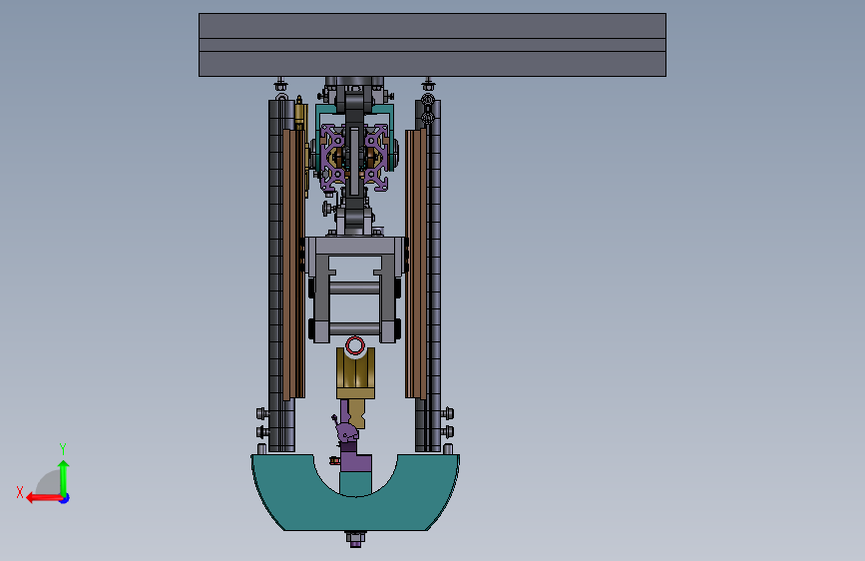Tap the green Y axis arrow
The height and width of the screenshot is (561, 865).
click(64, 477)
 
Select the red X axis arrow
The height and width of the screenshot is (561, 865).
click(44, 498)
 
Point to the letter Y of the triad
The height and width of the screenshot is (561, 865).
click(63, 448)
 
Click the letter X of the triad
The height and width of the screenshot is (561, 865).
click(20, 492)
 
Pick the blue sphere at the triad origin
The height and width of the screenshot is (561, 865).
click(65, 498)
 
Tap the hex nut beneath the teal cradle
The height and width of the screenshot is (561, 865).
click(355, 538)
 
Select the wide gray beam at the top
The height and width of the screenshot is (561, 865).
click(433, 45)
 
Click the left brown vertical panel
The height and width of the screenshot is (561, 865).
click(293, 264)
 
